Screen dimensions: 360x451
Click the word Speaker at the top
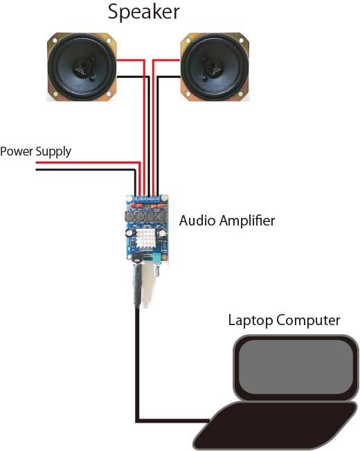pyautogui.click(x=143, y=12)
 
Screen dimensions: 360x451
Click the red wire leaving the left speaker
pyautogui.click(x=143, y=115)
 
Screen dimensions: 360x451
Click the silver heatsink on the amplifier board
pyautogui.click(x=146, y=239)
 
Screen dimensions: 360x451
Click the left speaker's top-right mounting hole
pyautogui.click(x=109, y=41)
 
